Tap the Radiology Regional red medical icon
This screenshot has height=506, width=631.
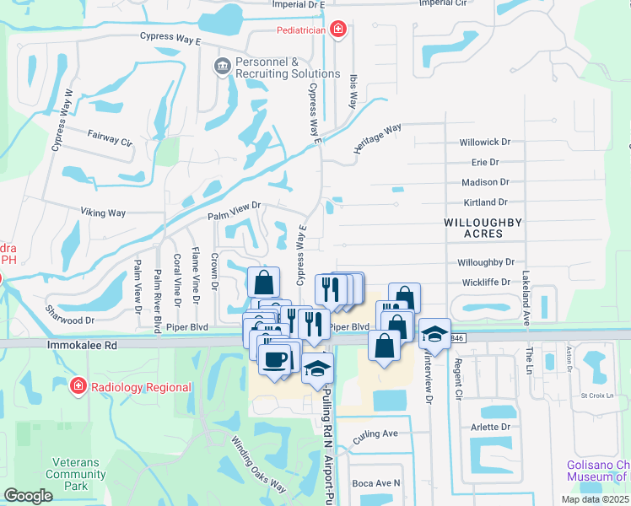point(78,386)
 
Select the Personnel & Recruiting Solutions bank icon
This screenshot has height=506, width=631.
point(222,66)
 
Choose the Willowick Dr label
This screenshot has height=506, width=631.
point(485,143)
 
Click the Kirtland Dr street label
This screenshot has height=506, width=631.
point(485,202)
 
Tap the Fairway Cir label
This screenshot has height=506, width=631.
point(111,138)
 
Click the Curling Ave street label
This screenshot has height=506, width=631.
point(375,434)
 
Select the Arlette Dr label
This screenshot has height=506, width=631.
point(491,427)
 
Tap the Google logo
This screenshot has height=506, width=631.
point(29,495)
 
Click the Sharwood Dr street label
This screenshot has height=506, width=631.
point(71,320)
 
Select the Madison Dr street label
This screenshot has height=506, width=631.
point(485,182)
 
